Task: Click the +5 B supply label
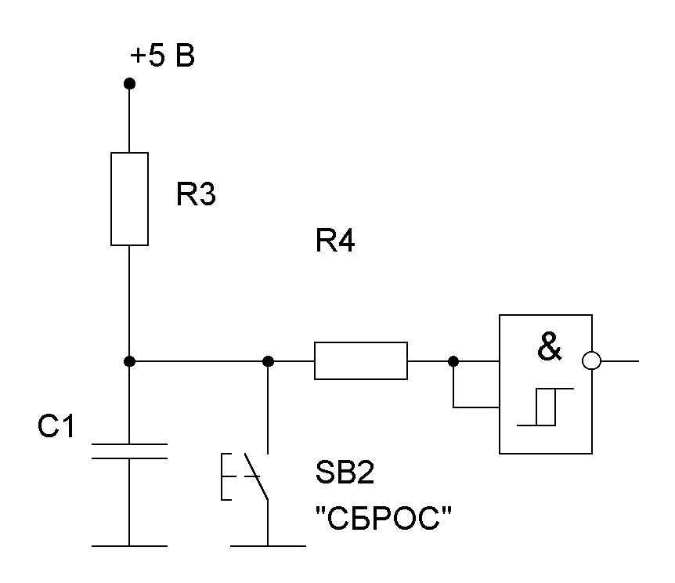click(162, 58)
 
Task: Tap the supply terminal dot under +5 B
click(130, 83)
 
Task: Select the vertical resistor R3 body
click(130, 199)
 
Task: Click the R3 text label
click(195, 196)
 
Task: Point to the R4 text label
click(335, 243)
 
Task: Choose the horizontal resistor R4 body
click(360, 361)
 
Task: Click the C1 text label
click(56, 428)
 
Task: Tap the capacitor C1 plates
click(130, 451)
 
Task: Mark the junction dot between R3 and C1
click(130, 361)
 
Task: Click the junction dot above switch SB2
click(268, 361)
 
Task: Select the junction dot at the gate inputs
click(453, 361)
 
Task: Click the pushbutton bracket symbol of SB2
click(227, 476)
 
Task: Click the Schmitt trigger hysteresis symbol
click(546, 407)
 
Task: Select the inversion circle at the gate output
click(593, 361)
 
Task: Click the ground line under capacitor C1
click(130, 545)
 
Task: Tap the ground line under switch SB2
click(268, 545)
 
